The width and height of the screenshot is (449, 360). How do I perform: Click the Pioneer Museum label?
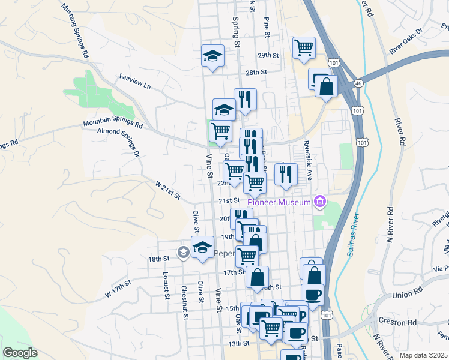279,202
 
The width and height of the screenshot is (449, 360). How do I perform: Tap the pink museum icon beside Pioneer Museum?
320,202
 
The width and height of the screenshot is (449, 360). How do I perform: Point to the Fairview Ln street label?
134,82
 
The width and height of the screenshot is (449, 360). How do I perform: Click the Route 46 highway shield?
358,83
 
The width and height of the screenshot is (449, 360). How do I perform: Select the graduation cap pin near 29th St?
212,56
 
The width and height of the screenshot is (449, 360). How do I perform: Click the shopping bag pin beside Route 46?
325,85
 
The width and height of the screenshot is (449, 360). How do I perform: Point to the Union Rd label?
406,295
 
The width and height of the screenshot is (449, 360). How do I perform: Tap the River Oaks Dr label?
406,40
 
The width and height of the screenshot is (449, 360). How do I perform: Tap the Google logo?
20,353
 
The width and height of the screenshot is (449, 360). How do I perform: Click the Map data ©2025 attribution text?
423,355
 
